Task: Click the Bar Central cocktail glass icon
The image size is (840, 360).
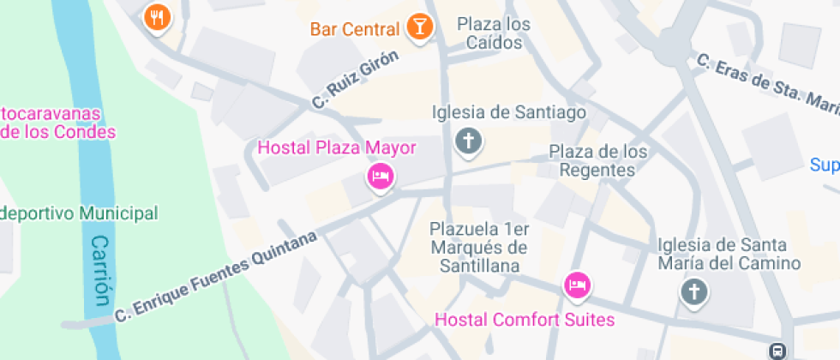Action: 419,27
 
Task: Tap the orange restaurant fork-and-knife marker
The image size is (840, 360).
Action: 156,16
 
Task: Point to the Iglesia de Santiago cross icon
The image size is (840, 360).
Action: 468,141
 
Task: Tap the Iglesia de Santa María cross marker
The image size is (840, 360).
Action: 694,292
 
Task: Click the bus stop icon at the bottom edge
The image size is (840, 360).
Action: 777,351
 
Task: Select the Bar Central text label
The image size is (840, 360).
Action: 355,29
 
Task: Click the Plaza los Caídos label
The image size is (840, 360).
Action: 494,32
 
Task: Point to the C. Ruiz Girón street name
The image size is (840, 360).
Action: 356,80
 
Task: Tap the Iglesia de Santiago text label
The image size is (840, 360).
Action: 509,112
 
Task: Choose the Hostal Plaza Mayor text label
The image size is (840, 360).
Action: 337,147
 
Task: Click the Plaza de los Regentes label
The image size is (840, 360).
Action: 597,161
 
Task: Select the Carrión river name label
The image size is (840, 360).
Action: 101,271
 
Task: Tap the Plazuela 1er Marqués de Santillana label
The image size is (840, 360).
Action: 479,248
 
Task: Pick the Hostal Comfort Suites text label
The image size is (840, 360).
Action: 525,320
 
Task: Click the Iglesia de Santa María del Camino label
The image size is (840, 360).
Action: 729,255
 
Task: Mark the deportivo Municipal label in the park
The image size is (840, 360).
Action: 79,213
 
